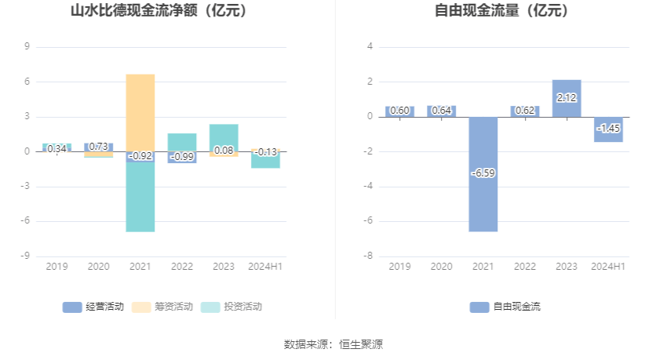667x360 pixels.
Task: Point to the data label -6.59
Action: (483, 173)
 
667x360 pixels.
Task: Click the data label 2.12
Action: (566, 98)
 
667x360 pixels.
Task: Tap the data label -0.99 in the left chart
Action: (182, 157)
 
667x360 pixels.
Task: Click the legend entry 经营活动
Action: (93, 307)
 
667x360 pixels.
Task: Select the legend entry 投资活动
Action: (231, 307)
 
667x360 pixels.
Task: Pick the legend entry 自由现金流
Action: (505, 307)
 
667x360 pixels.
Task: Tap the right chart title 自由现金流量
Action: (502, 11)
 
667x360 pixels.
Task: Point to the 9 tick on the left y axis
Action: (27, 47)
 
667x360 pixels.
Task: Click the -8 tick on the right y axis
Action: (368, 256)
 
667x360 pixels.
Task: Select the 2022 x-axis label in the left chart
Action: (182, 267)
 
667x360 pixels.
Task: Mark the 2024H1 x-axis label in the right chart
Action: (608, 267)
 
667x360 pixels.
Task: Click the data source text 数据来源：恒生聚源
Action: (333, 344)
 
